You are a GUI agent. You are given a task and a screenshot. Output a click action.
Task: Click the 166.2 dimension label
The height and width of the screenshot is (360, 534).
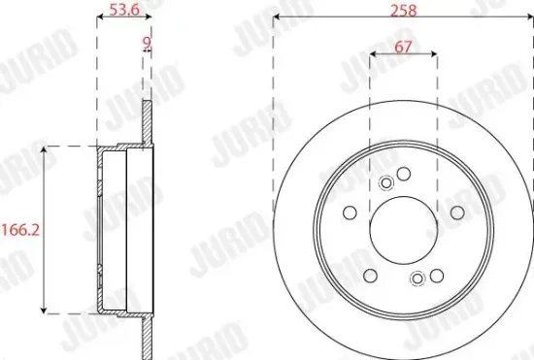click(17, 230)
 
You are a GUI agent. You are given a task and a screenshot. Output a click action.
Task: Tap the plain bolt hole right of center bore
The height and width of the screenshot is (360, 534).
click(457, 213)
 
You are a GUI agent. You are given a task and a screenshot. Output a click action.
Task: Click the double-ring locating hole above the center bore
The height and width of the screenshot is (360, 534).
click(387, 181)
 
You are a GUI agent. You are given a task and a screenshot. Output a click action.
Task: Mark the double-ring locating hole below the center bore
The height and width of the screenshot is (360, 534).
click(418, 279)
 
